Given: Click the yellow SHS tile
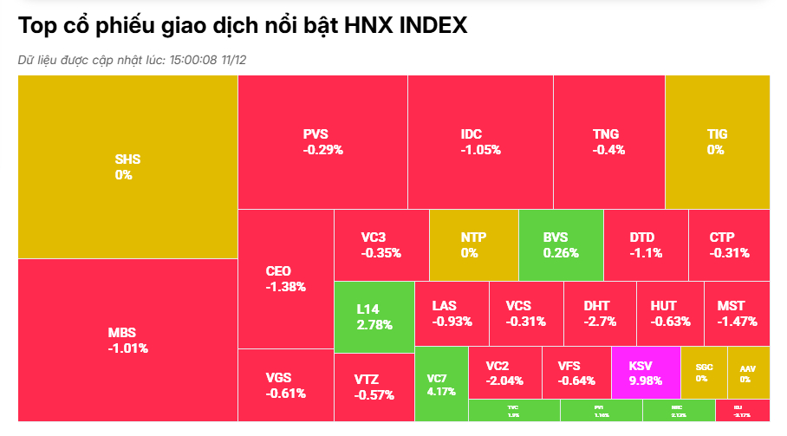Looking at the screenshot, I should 127,166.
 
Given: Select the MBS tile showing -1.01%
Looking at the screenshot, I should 127,340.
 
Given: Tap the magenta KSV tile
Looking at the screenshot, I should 645,372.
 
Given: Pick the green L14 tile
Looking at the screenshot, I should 374,316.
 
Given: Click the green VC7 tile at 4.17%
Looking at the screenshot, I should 441,383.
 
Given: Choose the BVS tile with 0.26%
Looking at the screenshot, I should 560,244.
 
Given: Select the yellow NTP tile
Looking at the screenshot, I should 473,244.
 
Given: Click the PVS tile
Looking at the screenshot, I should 322,141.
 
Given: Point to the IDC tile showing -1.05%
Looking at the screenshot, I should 480,141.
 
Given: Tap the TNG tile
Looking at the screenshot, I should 608,141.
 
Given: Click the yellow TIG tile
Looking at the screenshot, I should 716,141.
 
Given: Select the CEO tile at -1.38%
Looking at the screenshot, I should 285,278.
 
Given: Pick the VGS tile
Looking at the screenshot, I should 285,385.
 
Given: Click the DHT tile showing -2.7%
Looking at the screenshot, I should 598,313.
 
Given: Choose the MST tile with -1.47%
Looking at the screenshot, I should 737,313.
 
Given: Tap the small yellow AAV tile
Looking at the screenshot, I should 747,373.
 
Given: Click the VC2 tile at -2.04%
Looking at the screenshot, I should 504,372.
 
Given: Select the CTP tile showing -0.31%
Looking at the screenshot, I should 728,244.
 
